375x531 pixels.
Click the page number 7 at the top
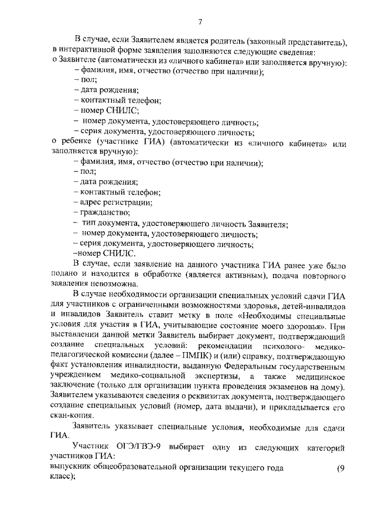[200, 22]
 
